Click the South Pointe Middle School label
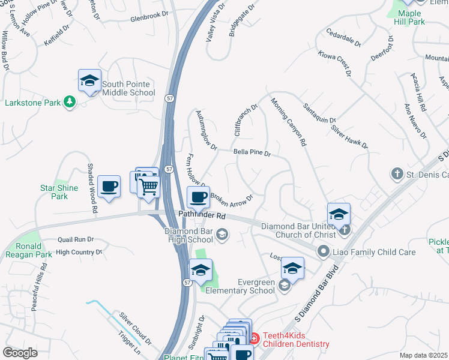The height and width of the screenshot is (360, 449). tap(128, 88)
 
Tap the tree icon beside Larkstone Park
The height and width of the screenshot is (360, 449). tap(70, 102)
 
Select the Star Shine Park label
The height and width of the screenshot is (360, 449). tap(59, 192)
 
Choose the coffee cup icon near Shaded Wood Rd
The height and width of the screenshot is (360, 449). tap(109, 187)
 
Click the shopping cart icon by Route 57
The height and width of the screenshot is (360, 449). tap(149, 186)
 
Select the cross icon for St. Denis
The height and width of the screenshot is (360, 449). tap(397, 175)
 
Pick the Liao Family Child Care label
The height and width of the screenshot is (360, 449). tap(375, 252)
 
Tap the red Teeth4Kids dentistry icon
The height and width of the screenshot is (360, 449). tap(254, 339)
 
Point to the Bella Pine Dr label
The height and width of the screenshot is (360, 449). tap(252, 154)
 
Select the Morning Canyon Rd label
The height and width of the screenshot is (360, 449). tap(288, 122)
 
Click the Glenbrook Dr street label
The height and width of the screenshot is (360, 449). tap(149, 18)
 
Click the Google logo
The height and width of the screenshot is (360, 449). tap(20, 353)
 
